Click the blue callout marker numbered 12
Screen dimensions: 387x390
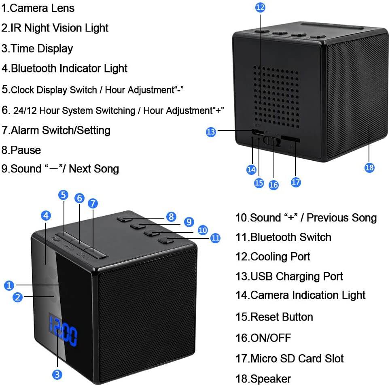pyautogui.click(x=260, y=7)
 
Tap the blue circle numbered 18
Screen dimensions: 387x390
pyautogui.click(x=369, y=167)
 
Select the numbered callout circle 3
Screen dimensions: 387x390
pyautogui.click(x=58, y=374)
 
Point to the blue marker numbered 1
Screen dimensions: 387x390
pyautogui.click(x=9, y=285)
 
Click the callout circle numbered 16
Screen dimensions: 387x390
pyautogui.click(x=273, y=185)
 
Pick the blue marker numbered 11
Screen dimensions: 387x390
pyautogui.click(x=216, y=238)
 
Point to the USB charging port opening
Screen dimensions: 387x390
pyautogui.click(x=256, y=132)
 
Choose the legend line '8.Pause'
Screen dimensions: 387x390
pyautogui.click(x=21, y=150)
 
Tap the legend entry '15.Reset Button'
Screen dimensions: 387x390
pyautogui.click(x=274, y=317)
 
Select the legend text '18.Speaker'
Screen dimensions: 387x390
pyautogui.click(x=263, y=379)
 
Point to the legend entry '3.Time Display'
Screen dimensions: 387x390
pyautogui.click(x=37, y=49)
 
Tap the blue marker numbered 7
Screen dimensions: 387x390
pyautogui.click(x=93, y=203)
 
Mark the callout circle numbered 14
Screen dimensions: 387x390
pyautogui.click(x=251, y=170)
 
